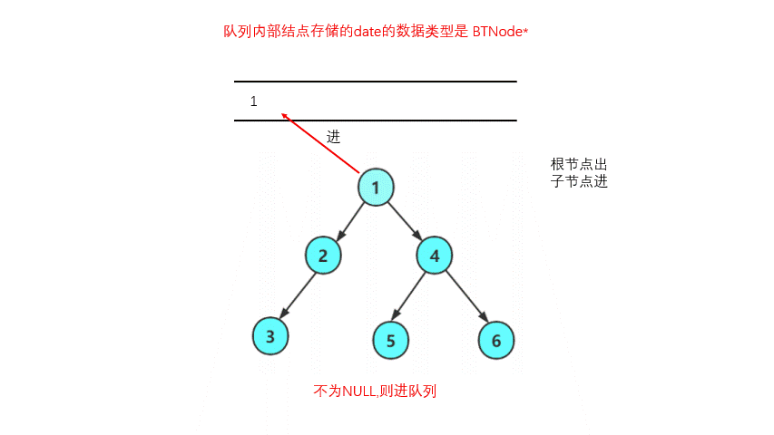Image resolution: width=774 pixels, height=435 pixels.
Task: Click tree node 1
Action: click(374, 187)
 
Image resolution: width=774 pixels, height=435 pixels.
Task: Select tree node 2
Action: click(323, 256)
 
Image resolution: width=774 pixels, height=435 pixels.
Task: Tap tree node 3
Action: click(270, 336)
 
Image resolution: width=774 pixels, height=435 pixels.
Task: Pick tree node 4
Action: click(435, 256)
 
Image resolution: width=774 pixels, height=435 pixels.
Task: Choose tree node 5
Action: click(391, 340)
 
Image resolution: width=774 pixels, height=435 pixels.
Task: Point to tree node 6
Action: click(496, 340)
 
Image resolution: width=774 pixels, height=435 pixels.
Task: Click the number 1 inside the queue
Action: click(254, 101)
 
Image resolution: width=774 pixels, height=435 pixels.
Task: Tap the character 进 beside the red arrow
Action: click(334, 137)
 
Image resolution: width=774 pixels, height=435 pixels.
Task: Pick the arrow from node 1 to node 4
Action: click(405, 220)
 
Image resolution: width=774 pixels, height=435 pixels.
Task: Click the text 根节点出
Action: click(578, 164)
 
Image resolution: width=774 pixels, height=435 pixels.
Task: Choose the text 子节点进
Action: click(578, 181)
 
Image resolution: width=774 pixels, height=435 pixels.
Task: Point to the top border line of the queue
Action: click(376, 82)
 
